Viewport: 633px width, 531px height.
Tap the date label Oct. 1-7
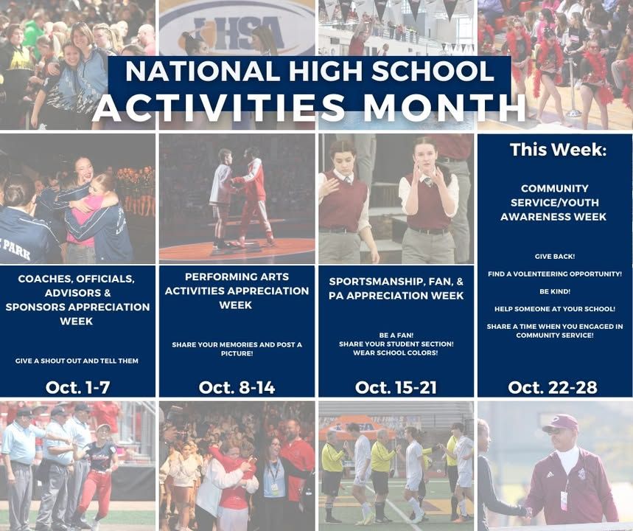[x=77, y=387]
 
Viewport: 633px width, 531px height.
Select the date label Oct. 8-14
[x=237, y=387]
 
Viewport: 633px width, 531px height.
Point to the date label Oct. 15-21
[x=396, y=387]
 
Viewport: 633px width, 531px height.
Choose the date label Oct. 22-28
[x=553, y=387]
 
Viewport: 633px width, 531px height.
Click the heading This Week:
[x=559, y=150]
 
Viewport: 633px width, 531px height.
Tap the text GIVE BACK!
[x=555, y=257]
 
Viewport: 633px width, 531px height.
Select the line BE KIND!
[x=555, y=291]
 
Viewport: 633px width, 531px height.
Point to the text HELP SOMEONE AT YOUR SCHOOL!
[x=555, y=309]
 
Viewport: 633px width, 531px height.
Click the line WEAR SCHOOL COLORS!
[x=396, y=353]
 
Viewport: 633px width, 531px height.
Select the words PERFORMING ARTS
[x=237, y=277]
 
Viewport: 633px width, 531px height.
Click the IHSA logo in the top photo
[x=237, y=30]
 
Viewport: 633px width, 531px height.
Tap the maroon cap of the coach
[x=560, y=423]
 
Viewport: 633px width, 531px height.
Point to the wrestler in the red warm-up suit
[x=253, y=198]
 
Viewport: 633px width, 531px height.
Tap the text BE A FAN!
[x=396, y=336]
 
